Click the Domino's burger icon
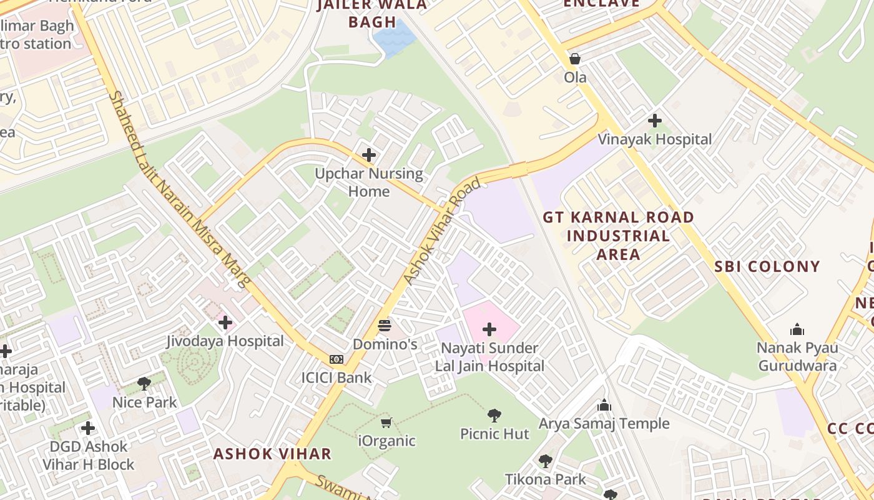coord(385,326)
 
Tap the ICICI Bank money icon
coord(336,359)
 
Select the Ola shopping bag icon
coord(575,59)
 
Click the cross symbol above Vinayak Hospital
coord(655,120)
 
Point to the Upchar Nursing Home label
coord(368,182)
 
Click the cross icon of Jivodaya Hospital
coord(225,323)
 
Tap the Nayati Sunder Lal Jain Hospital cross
coord(489,329)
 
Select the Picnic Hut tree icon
coord(494,415)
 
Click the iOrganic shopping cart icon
coord(386,423)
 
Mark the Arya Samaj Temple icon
coord(604,406)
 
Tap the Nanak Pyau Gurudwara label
coord(797,356)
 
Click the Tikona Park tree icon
coord(546,461)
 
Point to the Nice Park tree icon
coord(144,384)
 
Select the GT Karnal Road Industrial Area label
coord(618,236)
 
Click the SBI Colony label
coord(767,266)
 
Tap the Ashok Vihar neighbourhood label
coord(272,454)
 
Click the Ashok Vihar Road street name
coord(443,231)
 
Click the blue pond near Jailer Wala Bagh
coord(393,39)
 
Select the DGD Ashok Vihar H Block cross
coord(88,428)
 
